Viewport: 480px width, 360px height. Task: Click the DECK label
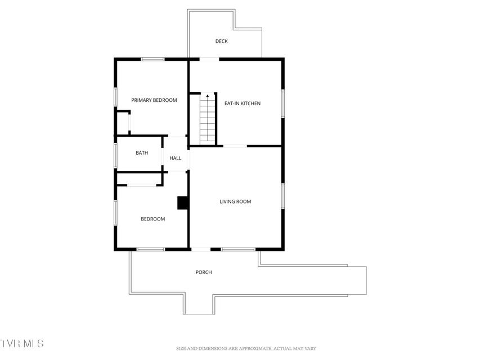[x=221, y=41]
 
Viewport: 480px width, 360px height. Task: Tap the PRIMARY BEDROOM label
[x=154, y=100]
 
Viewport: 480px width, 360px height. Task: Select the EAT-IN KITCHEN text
[x=243, y=103]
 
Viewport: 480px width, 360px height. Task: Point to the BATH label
[x=142, y=153]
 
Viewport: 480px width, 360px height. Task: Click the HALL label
[x=175, y=158]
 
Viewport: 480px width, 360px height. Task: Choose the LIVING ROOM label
[x=235, y=201]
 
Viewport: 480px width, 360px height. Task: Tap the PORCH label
[x=204, y=272]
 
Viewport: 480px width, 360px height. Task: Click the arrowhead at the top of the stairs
[x=208, y=96]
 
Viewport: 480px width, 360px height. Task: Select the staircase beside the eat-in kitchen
[x=208, y=119]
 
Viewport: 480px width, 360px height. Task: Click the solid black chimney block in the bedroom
[x=183, y=202]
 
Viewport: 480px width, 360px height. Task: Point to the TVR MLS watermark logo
[x=22, y=343]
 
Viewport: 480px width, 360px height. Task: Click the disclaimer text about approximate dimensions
[x=246, y=348]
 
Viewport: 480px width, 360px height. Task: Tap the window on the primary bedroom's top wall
[x=152, y=60]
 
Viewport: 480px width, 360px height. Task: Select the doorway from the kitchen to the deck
[x=209, y=60]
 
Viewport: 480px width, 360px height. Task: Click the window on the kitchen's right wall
[x=283, y=103]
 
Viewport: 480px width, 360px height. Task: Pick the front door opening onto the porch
[x=201, y=249]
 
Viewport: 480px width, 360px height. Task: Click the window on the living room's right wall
[x=283, y=196]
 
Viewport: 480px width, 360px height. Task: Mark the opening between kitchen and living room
[x=235, y=146]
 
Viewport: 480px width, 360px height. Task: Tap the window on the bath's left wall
[x=115, y=155]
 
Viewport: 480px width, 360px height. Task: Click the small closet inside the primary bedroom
[x=123, y=123]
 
